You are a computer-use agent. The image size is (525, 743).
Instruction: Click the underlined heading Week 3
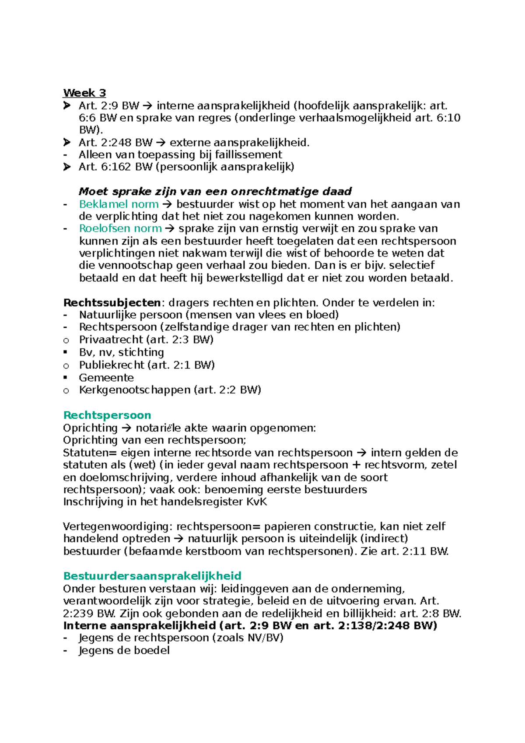(x=84, y=93)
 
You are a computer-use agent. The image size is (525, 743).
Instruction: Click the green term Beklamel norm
(x=119, y=204)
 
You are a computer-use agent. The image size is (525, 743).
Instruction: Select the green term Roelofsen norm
(x=120, y=228)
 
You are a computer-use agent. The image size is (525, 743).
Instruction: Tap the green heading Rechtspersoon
(x=107, y=415)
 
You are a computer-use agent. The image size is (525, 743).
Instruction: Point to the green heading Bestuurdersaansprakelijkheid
(x=152, y=576)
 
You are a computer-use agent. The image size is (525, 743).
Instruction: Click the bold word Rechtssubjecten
(x=112, y=303)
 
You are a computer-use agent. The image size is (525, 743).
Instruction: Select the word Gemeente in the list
(x=106, y=378)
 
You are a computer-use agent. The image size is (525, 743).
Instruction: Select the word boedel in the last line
(x=152, y=651)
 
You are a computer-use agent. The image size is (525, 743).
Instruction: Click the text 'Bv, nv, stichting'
(x=121, y=353)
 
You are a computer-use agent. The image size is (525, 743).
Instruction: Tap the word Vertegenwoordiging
(x=118, y=527)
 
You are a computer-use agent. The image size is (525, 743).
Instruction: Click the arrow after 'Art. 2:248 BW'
(x=161, y=143)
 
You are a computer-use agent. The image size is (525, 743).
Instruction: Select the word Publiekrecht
(x=112, y=365)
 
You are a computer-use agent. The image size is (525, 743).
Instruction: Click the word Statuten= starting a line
(x=90, y=453)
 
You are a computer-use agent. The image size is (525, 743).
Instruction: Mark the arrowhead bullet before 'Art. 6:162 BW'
(x=66, y=167)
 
